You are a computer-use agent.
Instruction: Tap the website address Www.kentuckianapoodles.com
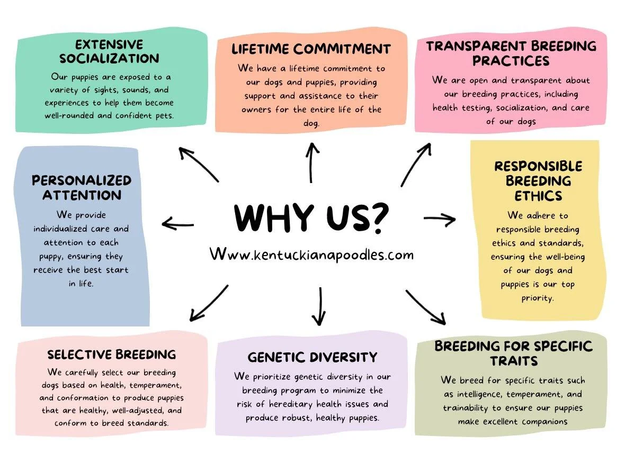pyautogui.click(x=311, y=254)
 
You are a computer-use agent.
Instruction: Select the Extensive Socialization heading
pyautogui.click(x=109, y=51)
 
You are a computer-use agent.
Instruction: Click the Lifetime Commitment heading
pyautogui.click(x=311, y=49)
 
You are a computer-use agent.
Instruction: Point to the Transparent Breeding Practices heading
pyautogui.click(x=511, y=53)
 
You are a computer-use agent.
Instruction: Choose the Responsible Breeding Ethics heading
pyautogui.click(x=538, y=181)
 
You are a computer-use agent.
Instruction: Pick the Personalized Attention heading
pyautogui.click(x=81, y=187)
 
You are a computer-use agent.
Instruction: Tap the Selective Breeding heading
pyautogui.click(x=111, y=354)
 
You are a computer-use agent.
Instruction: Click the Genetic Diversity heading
pyautogui.click(x=312, y=357)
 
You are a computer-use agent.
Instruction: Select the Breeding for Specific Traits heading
pyautogui.click(x=513, y=353)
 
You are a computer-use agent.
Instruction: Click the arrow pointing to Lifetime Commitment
pyautogui.click(x=312, y=162)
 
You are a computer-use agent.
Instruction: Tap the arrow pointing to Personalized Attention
pyautogui.click(x=178, y=224)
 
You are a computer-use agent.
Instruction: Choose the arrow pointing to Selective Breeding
pyautogui.click(x=208, y=303)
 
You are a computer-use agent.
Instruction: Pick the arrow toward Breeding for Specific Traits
pyautogui.click(x=426, y=307)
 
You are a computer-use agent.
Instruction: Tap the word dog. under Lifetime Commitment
pyautogui.click(x=311, y=123)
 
